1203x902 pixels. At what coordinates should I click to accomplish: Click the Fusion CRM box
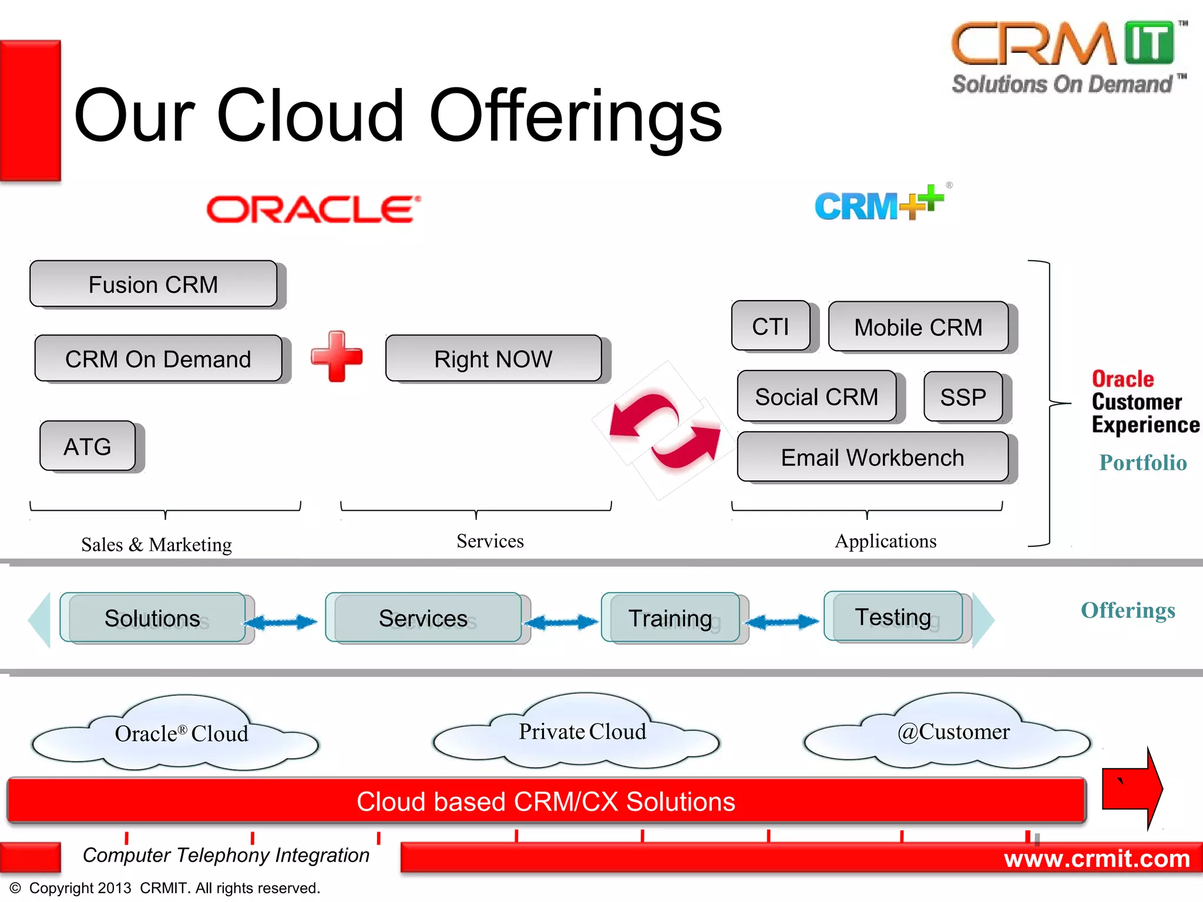154,284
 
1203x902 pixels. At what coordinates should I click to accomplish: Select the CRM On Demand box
159,359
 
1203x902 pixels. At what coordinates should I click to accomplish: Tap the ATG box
88,446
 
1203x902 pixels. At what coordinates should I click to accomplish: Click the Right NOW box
493,359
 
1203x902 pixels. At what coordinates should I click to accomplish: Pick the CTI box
771,327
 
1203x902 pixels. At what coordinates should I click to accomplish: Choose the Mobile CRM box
918,327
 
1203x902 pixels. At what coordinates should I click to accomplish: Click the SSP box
963,397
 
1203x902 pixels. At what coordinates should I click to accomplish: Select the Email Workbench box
872,457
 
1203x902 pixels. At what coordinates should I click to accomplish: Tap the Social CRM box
816,397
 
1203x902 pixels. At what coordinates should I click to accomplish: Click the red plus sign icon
337,356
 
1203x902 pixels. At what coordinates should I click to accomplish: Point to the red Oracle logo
314,210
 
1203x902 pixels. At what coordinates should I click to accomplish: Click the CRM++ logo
879,204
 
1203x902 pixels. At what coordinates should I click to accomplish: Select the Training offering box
670,618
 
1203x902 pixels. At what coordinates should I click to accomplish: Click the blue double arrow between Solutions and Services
281,622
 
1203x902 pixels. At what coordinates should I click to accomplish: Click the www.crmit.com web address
1097,859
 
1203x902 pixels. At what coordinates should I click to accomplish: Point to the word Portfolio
1142,463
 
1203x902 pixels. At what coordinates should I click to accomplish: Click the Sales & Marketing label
156,544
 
